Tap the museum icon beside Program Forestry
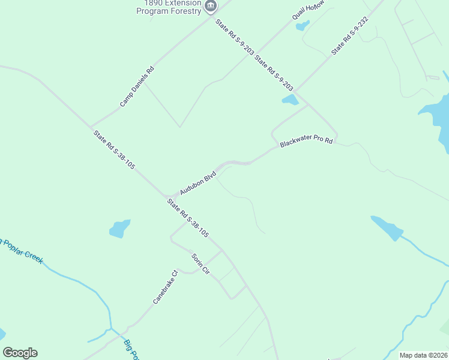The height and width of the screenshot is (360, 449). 210,7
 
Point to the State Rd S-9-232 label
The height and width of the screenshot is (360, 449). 349,36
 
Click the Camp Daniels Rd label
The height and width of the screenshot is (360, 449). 137,86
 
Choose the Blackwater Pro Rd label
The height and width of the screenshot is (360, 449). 306,143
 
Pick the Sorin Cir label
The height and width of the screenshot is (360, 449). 200,264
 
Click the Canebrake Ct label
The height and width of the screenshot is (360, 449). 166,287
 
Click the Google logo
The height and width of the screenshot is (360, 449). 20,353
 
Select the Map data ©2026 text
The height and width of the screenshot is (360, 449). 424,355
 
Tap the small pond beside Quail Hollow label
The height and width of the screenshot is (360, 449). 303,26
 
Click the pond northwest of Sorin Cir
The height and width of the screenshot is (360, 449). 119,229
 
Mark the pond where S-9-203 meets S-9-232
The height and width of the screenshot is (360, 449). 290,100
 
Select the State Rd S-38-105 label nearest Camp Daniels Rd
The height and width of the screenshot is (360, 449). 114,149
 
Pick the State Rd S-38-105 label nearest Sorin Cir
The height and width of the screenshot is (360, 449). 188,218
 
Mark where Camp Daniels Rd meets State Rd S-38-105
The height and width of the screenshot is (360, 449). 91,127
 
